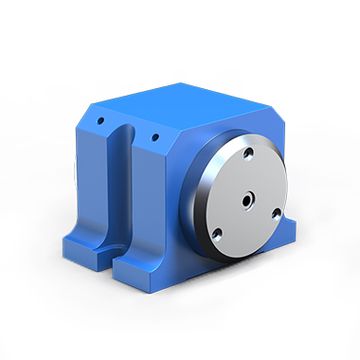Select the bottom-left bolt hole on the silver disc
coord(217,231)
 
